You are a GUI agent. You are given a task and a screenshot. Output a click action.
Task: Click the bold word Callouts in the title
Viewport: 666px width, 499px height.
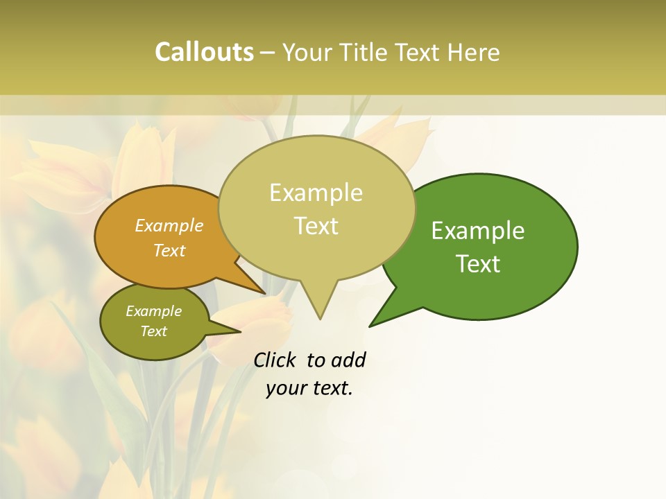click(204, 53)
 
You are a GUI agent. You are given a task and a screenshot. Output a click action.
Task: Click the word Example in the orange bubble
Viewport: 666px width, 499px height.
click(169, 226)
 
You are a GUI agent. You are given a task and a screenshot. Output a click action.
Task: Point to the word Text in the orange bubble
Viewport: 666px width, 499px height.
click(169, 250)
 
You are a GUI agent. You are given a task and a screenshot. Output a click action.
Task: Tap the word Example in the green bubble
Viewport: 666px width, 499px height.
click(478, 231)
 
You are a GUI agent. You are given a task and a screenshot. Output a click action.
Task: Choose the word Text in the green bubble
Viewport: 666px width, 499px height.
click(479, 264)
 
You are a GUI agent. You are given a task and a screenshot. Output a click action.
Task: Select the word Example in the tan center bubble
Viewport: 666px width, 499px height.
click(316, 193)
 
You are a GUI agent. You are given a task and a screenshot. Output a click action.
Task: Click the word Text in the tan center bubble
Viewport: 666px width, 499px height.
click(316, 226)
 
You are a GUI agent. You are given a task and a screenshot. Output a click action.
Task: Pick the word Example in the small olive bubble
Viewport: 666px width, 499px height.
click(154, 311)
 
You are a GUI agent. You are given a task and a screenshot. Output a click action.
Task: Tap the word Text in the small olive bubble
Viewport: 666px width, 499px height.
click(154, 331)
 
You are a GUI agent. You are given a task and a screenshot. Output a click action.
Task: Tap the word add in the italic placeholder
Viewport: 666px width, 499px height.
click(348, 360)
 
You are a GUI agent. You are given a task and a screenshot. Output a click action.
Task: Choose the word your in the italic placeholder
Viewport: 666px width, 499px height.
click(285, 388)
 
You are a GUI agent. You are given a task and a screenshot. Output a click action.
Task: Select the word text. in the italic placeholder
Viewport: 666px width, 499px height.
click(331, 388)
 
